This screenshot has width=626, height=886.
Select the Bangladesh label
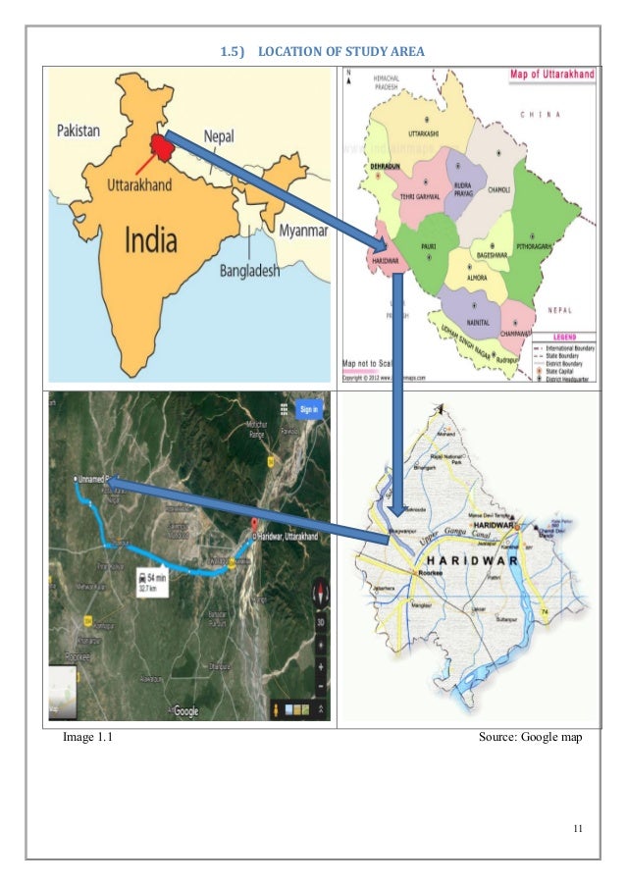249,272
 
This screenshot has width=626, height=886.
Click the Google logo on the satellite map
185,710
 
